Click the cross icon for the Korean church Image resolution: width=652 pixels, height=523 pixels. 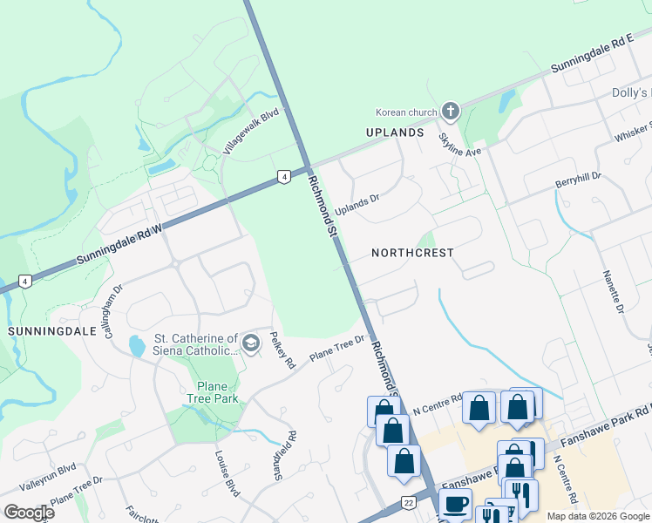tap(450, 111)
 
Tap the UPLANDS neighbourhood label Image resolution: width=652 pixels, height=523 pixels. tap(394, 132)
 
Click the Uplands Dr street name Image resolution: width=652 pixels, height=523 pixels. tap(358, 206)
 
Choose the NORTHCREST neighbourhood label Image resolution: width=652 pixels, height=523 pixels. tap(412, 253)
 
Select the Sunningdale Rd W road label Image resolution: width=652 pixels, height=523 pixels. tap(120, 241)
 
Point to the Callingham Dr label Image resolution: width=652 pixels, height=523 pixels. tap(114, 295)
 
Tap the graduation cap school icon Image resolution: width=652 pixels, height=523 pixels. tap(251, 344)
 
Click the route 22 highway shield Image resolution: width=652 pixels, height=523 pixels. tap(407, 503)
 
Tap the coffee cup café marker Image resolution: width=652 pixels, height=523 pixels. tap(455, 503)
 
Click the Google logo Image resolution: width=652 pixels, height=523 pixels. tap(29, 513)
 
